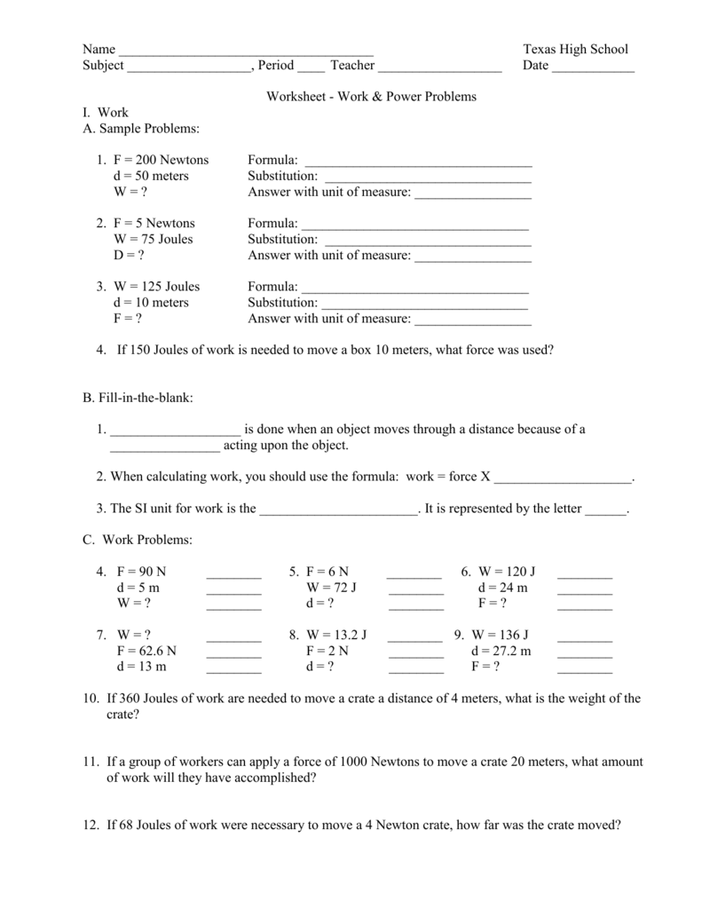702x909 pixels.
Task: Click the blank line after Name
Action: coord(246,51)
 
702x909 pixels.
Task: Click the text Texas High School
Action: coord(575,49)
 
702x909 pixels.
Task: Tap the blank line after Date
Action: coord(593,68)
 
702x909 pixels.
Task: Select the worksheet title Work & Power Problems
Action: coord(372,96)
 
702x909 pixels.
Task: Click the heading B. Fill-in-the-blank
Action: coord(138,399)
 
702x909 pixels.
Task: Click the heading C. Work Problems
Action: coord(137,540)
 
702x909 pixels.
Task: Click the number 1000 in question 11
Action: coord(351,762)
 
